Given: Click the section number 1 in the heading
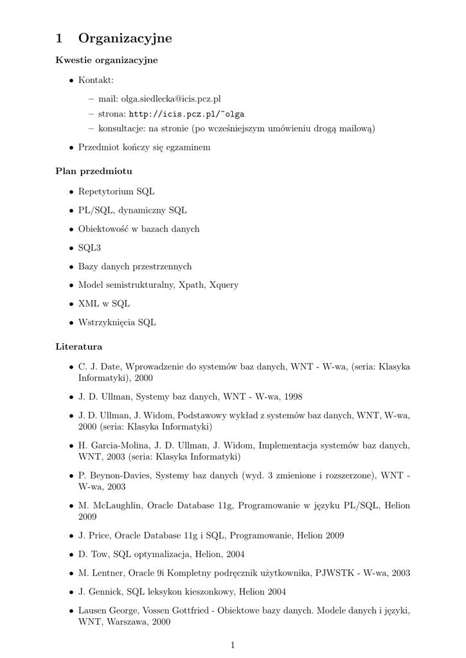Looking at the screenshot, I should coord(59,39).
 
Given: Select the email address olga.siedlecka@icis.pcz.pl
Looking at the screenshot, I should coord(166,99).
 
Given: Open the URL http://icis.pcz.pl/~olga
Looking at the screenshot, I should coord(186,114).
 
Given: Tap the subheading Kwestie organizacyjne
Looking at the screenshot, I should coord(107,60).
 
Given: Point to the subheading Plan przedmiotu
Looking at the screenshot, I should coord(94,172).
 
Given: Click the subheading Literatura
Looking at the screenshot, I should coord(79,346).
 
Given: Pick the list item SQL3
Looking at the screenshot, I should coord(89,247).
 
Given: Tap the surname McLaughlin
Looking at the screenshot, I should coord(118,506).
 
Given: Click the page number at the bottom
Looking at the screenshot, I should coord(233,645).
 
